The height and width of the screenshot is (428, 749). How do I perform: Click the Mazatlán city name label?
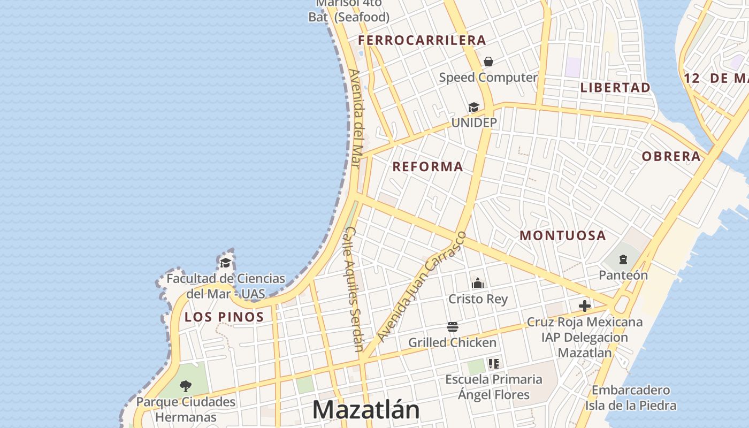[366, 410]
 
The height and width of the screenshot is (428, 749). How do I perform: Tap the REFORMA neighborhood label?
[427, 166]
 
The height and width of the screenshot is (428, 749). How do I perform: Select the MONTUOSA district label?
[563, 235]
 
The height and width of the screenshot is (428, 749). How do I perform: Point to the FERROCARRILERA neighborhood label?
[422, 40]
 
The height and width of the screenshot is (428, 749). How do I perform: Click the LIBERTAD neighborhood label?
[615, 87]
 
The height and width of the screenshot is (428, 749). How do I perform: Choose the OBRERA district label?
[671, 156]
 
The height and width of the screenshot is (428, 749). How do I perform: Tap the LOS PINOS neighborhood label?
[224, 317]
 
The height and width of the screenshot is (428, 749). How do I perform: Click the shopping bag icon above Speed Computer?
[488, 62]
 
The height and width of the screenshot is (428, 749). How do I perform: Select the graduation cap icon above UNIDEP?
[473, 108]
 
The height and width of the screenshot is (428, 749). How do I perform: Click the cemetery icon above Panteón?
[623, 260]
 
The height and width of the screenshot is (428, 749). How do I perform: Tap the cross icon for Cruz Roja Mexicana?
[585, 306]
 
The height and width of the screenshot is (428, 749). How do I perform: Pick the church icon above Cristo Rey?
[477, 283]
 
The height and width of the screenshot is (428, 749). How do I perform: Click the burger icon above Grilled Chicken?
[453, 327]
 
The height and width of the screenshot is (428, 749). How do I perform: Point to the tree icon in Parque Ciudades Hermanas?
[186, 386]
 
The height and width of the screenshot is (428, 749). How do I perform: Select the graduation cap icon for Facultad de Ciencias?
[226, 263]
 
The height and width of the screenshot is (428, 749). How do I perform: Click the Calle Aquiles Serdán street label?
[354, 289]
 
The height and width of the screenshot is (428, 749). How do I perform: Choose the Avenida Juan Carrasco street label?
[422, 286]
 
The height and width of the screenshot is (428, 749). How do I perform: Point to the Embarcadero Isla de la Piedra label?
[630, 398]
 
